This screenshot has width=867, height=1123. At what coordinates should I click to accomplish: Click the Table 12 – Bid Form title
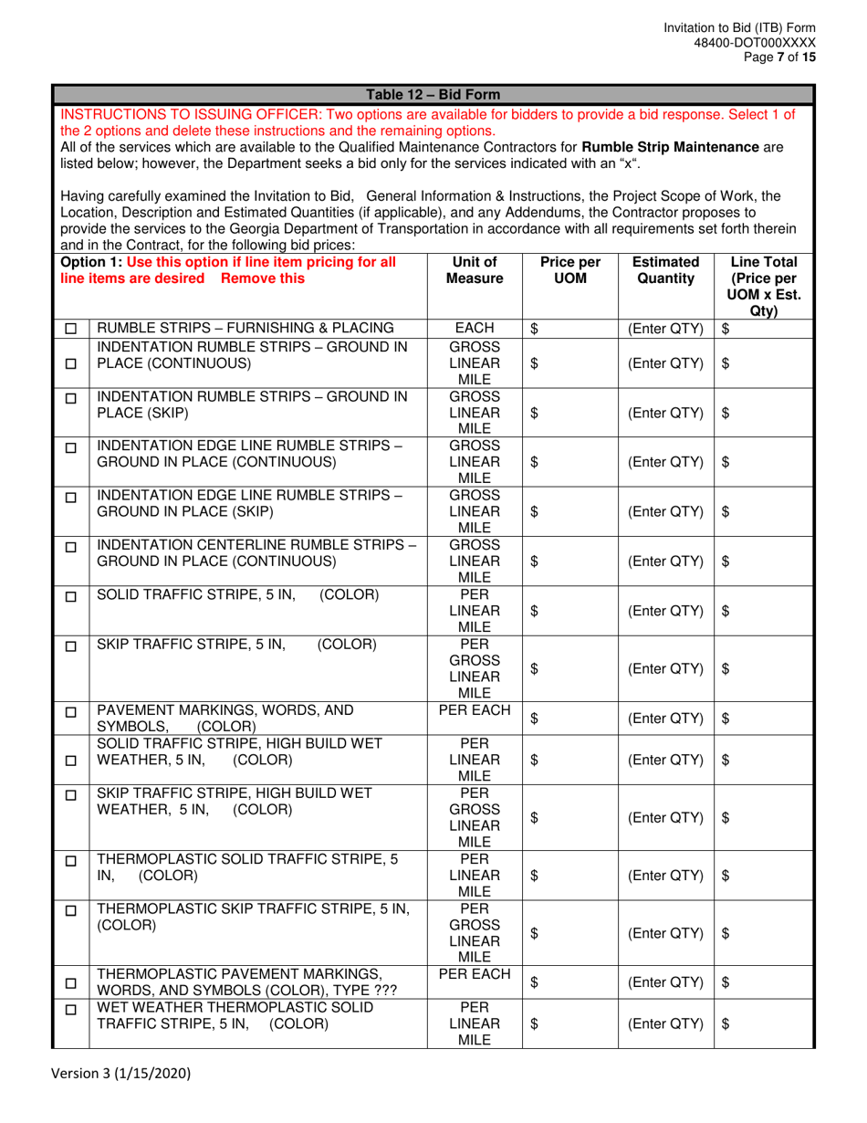[432, 95]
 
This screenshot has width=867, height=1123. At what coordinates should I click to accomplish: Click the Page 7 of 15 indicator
[784, 57]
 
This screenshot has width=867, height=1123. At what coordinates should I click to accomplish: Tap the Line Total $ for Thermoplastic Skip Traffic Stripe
[726, 932]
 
